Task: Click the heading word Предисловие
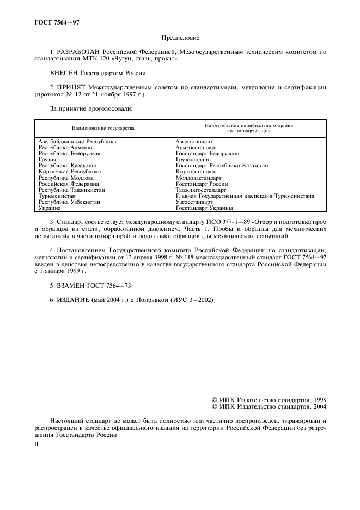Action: pos(180,38)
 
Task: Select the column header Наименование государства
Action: pos(102,128)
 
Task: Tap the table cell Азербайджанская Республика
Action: pos(77,141)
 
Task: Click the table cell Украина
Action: pos(50,208)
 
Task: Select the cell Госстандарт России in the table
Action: pos(202,184)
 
